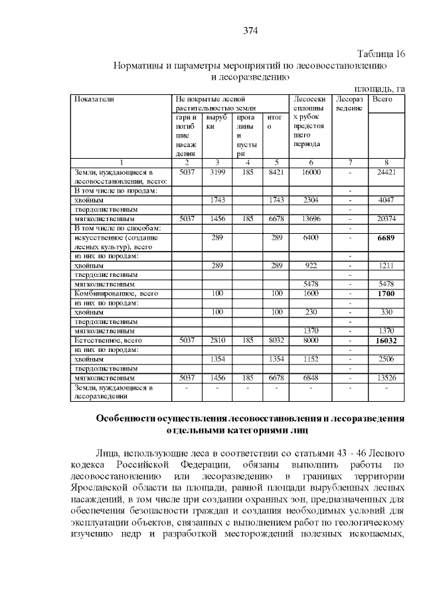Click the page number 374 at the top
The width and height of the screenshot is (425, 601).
tap(250, 31)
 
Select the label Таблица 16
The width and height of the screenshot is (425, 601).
tap(381, 54)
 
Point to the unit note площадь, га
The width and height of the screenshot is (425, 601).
tap(379, 88)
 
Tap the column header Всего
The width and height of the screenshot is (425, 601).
tap(382, 99)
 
